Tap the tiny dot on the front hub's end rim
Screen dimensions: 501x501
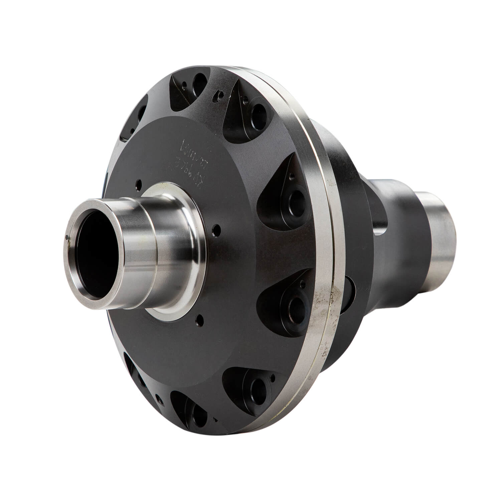click(68, 237)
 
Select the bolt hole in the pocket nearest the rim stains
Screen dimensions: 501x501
click(296, 304)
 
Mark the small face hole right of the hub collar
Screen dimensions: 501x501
click(217, 229)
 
